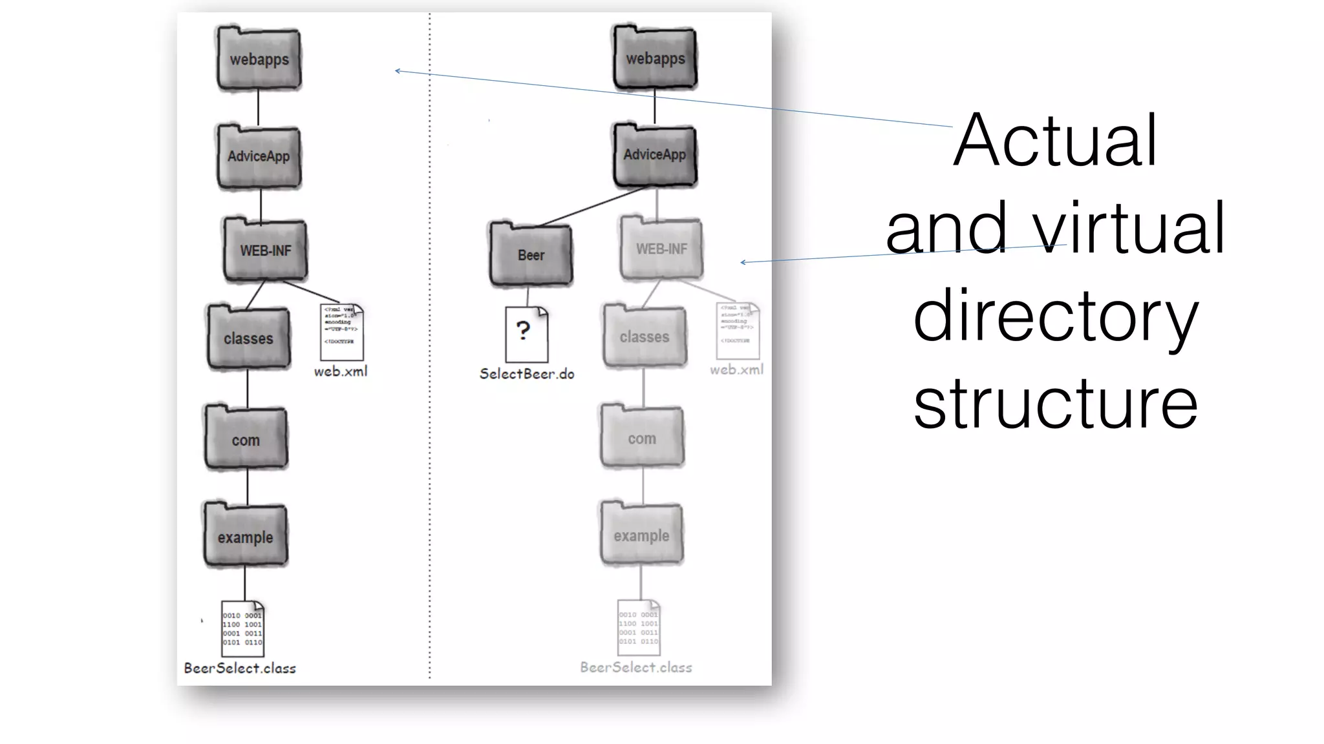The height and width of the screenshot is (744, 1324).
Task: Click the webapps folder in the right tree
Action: tap(655, 58)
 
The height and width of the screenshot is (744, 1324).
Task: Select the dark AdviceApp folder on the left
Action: tap(259, 156)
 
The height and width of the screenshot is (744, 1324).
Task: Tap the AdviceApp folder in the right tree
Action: tap(655, 155)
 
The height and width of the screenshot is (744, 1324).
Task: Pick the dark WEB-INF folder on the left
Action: tap(265, 251)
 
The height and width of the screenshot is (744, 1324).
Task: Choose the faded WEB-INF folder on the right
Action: tap(661, 249)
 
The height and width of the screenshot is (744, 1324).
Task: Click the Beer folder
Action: tap(531, 255)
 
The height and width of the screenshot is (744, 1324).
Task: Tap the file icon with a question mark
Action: tap(526, 334)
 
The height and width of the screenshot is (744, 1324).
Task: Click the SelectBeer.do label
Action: tap(527, 374)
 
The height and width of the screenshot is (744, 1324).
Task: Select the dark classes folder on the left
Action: tap(249, 338)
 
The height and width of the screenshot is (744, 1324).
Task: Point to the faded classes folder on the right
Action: tap(645, 337)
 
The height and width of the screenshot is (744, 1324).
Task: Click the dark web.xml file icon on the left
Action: tap(341, 332)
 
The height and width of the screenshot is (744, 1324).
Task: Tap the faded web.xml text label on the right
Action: tap(736, 370)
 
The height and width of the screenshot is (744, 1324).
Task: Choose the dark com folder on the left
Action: tap(246, 439)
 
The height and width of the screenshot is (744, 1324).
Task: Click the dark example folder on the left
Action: tap(246, 536)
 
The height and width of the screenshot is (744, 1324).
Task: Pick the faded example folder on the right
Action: tap(641, 535)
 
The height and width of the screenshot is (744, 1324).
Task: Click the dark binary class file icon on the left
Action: tap(242, 628)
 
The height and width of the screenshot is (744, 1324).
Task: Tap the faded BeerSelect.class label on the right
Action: tap(636, 667)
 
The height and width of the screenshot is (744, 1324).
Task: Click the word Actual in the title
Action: tap(1055, 141)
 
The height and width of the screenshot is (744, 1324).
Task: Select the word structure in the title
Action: tap(1055, 404)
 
